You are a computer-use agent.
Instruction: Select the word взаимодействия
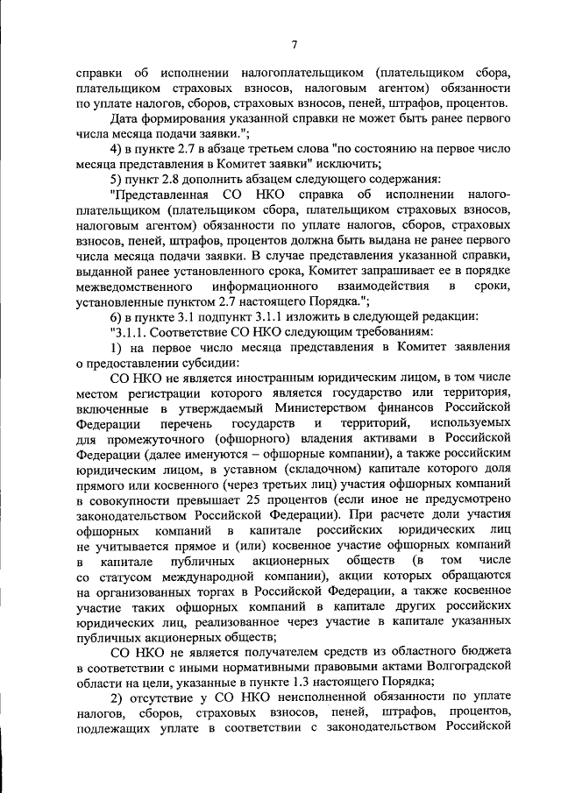386,287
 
